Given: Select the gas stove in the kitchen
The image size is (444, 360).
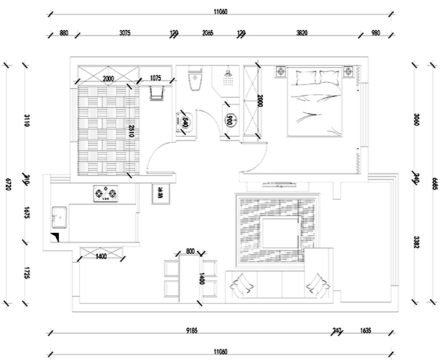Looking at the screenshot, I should coord(105,194).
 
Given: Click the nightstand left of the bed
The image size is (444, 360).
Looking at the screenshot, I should coord(281,73).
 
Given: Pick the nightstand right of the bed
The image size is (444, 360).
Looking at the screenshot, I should coord(348,73).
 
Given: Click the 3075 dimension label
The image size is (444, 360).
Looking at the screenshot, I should coord(125,33).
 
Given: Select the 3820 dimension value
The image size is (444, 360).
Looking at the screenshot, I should coord(302,33).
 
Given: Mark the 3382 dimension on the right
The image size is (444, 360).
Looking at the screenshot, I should coord(416,242).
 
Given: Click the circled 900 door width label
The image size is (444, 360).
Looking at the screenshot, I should coord(229,120).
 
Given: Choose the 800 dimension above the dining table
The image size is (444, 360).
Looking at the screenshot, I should coord(190,251).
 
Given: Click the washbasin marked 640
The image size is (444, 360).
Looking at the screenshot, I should coord(185,122).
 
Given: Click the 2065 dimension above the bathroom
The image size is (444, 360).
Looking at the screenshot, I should coord(208,33).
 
